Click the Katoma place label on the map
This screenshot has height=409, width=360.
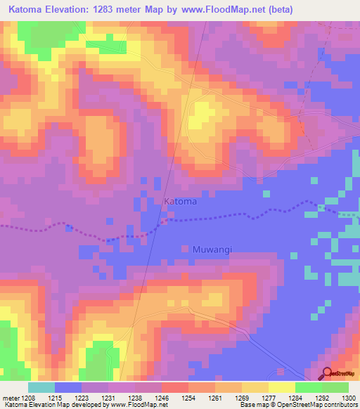pyautogui.click(x=180, y=202)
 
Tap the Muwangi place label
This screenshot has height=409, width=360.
pyautogui.click(x=212, y=249)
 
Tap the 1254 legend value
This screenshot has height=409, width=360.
pyautogui.click(x=188, y=398)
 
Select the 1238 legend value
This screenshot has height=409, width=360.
pyautogui.click(x=135, y=398)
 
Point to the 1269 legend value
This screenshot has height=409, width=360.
pyautogui.click(x=242, y=398)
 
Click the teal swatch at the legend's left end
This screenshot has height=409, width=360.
pyautogui.click(x=41, y=387)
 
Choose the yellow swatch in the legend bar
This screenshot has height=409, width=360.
pyautogui.click(x=281, y=387)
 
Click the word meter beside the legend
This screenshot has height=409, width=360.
pyautogui.click(x=8, y=398)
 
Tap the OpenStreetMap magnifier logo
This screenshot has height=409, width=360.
pyautogui.click(x=326, y=373)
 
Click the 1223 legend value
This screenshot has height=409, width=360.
pyautogui.click(x=82, y=398)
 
